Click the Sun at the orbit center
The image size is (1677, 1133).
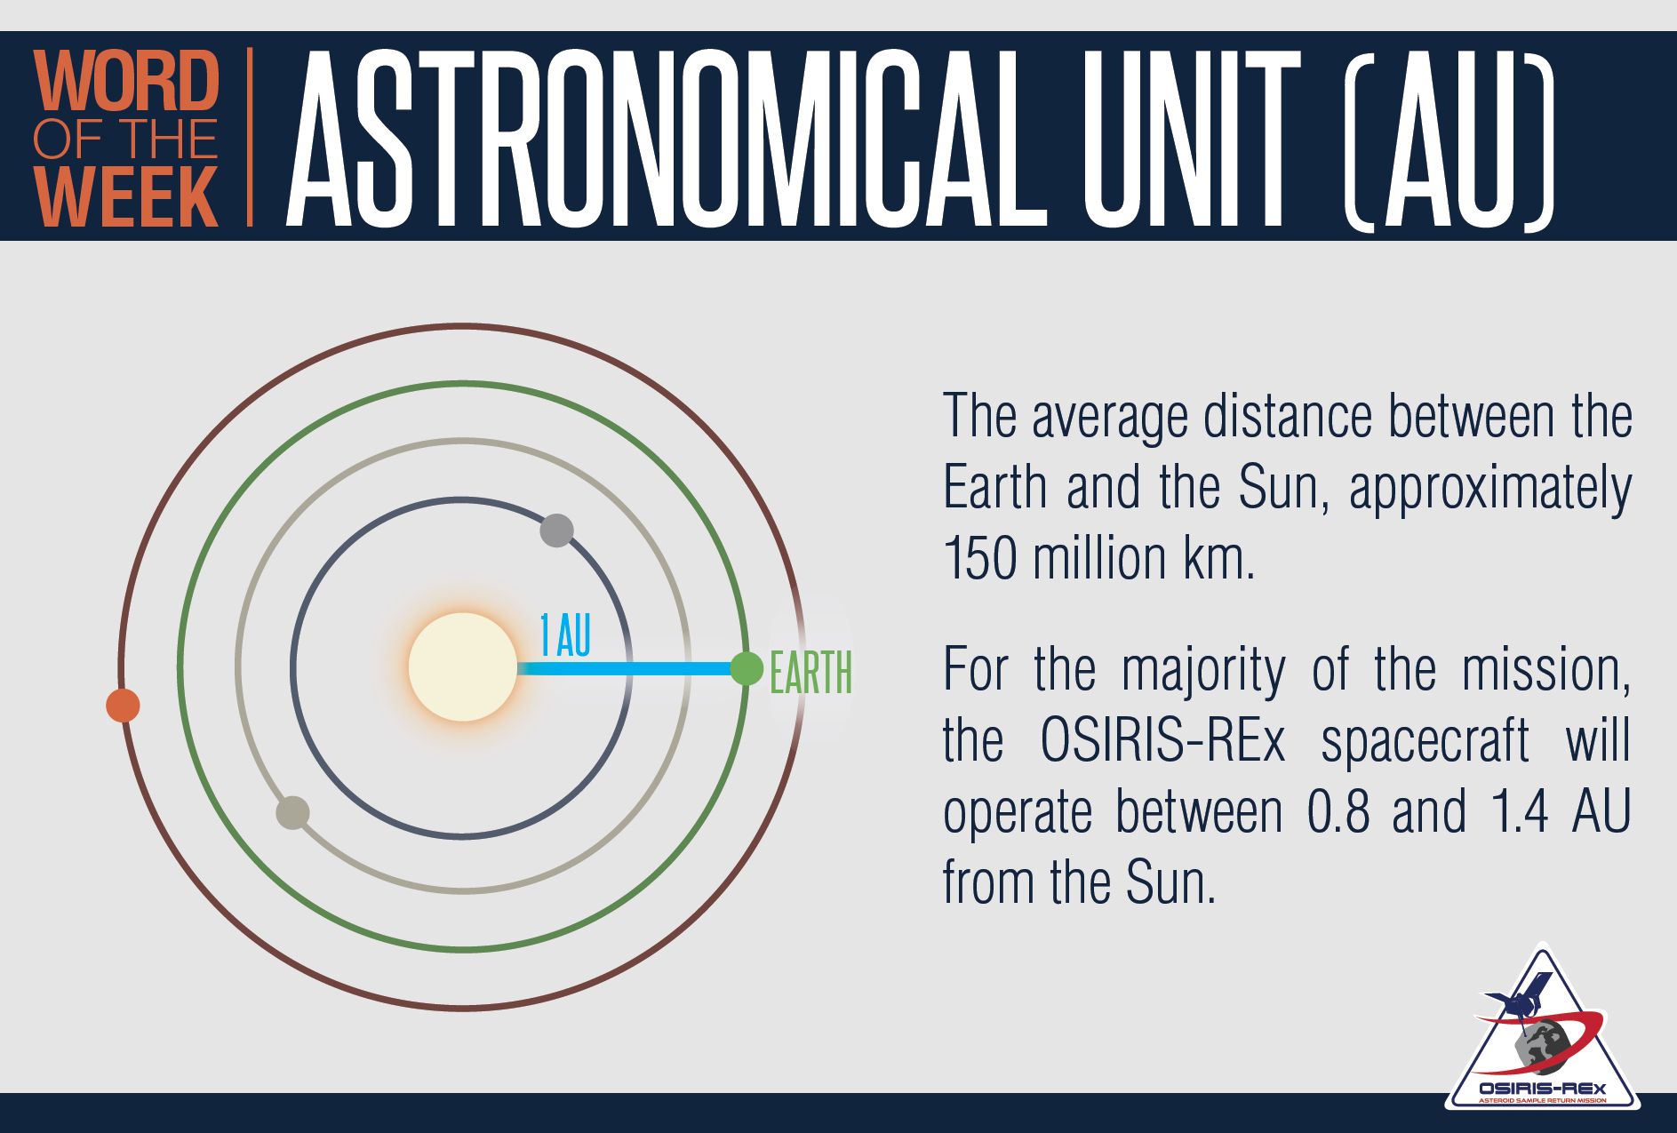pyautogui.click(x=463, y=666)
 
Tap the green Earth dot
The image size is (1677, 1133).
pyautogui.click(x=747, y=668)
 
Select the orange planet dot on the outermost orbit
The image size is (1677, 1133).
pyautogui.click(x=123, y=706)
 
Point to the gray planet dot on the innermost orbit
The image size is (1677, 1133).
pyautogui.click(x=556, y=531)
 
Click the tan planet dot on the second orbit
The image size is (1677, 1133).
pyautogui.click(x=292, y=812)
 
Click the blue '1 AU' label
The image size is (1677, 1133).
pyautogui.click(x=565, y=635)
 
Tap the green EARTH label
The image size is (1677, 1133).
pyautogui.click(x=811, y=673)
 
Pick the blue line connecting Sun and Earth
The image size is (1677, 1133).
pyautogui.click(x=624, y=668)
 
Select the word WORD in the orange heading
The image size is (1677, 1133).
pyautogui.click(x=126, y=81)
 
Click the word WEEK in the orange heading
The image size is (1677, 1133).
pyautogui.click(x=125, y=197)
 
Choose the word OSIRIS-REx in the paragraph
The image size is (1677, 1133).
pyautogui.click(x=1162, y=739)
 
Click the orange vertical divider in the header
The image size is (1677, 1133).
pyautogui.click(x=250, y=137)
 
